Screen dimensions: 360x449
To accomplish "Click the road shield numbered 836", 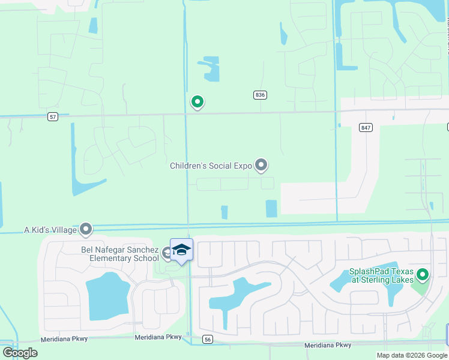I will pos(260,95).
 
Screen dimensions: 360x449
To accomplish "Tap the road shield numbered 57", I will pos(53,117).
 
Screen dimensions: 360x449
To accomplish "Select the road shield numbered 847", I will pos(366,127).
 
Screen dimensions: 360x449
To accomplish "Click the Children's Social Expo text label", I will pos(211,166).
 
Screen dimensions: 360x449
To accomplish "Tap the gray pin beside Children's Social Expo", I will pos(261,164).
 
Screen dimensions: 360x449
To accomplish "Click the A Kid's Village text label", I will pos(50,230).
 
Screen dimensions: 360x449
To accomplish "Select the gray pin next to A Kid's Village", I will pos(86,229).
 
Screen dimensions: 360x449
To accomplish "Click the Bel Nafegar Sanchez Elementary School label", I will pos(120,254).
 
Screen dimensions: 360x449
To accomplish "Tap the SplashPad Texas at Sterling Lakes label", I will pos(382,276).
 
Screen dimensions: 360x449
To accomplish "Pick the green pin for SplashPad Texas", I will pos(423,275).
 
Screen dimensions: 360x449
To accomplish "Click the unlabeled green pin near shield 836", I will pos(197,102).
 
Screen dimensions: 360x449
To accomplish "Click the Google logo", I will pos(20,353).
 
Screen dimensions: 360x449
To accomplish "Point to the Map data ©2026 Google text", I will pos(412,355).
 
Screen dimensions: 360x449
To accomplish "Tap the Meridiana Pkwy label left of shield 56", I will pos(64,339).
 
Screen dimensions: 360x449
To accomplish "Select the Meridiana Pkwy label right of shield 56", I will pos(327,345).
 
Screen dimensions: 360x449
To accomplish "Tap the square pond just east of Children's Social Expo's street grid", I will pos(271,208).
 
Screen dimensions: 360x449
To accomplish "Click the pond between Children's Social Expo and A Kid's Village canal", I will pos(224,212).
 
